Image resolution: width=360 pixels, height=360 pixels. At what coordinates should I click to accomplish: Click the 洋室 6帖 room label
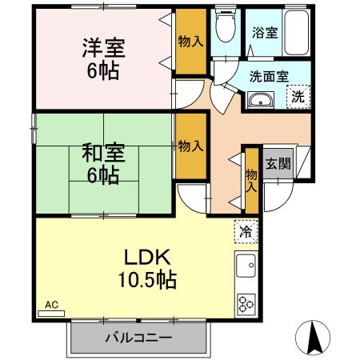click(102, 57)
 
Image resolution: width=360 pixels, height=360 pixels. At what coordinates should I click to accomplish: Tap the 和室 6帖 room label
click(102, 162)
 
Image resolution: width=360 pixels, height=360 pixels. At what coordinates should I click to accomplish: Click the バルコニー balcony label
click(138, 338)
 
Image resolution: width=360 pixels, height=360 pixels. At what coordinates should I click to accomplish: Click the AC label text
click(51, 305)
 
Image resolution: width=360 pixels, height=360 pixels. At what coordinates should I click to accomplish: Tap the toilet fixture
click(226, 29)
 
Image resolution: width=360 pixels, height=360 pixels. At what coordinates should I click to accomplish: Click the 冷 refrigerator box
click(243, 232)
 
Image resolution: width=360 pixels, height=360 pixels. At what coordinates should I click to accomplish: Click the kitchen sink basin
click(246, 265)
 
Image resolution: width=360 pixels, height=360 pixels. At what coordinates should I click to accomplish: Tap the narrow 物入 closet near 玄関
click(250, 180)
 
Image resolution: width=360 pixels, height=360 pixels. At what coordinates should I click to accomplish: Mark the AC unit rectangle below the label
click(51, 314)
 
